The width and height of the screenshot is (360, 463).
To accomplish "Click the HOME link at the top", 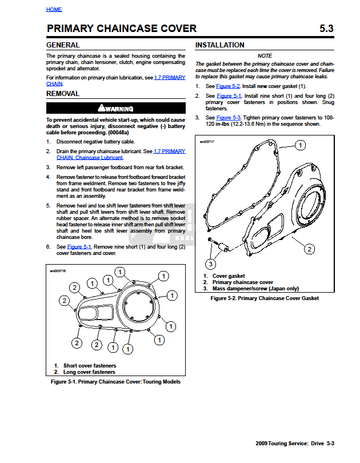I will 54,10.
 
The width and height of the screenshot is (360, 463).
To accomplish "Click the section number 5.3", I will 326,29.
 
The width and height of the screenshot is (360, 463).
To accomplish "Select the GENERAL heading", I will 63,45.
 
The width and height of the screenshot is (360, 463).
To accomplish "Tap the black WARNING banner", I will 115,108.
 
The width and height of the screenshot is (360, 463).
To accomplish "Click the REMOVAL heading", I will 63,94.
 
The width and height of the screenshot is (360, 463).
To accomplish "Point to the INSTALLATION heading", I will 220,45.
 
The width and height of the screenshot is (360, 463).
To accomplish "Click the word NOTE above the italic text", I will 265,56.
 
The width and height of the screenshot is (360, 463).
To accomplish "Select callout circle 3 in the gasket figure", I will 211,264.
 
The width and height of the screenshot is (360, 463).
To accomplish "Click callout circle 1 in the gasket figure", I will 301,146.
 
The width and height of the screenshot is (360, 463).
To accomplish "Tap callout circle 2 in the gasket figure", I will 309,249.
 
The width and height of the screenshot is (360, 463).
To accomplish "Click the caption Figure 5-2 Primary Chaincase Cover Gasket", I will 265,298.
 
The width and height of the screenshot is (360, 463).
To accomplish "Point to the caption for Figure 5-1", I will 115,381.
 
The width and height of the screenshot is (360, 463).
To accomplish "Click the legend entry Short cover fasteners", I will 89,365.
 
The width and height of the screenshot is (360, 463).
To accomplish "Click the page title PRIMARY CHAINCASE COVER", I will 121,29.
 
